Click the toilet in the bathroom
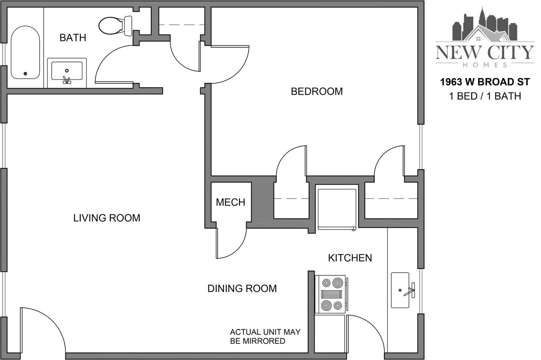click(115, 25)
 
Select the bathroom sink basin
click(67, 71)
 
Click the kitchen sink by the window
click(401, 290)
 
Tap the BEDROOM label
click(317, 92)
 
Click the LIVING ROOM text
click(107, 218)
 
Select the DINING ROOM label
click(242, 288)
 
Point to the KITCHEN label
click(350, 258)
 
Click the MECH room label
click(230, 202)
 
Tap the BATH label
click(73, 38)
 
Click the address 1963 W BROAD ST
click(485, 82)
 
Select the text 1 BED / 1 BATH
click(485, 96)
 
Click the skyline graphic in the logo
click(484, 26)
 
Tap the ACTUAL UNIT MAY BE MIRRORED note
click(265, 336)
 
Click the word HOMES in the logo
click(485, 65)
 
